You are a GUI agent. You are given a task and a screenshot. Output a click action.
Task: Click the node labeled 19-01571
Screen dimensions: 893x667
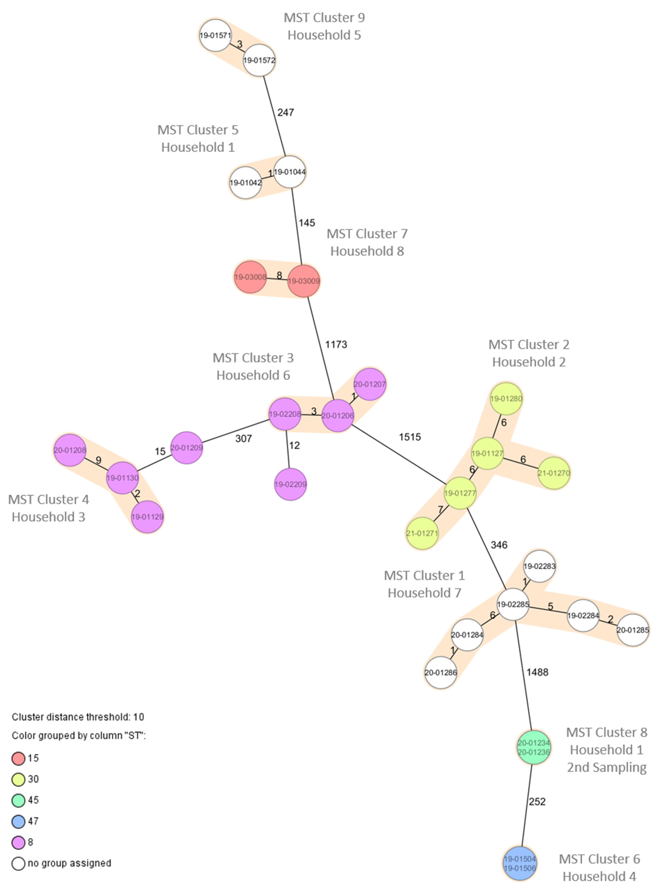tap(215, 36)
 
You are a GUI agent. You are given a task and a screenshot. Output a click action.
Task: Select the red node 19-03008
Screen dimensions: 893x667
tap(250, 277)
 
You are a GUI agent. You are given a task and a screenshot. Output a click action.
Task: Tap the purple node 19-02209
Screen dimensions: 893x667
tap(290, 484)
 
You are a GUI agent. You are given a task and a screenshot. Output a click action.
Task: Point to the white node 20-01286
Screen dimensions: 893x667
tap(440, 673)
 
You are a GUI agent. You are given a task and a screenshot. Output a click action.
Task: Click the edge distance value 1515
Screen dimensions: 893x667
tap(410, 437)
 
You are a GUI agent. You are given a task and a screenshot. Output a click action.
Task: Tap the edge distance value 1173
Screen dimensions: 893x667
tap(336, 344)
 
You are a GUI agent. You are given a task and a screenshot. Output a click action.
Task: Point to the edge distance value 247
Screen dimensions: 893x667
tap(286, 112)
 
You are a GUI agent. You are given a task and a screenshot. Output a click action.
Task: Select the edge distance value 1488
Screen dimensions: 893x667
tap(537, 672)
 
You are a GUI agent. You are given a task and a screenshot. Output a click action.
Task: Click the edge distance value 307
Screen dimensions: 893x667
tap(244, 438)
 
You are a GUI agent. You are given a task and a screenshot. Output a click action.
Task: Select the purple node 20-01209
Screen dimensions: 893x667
tap(186, 448)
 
